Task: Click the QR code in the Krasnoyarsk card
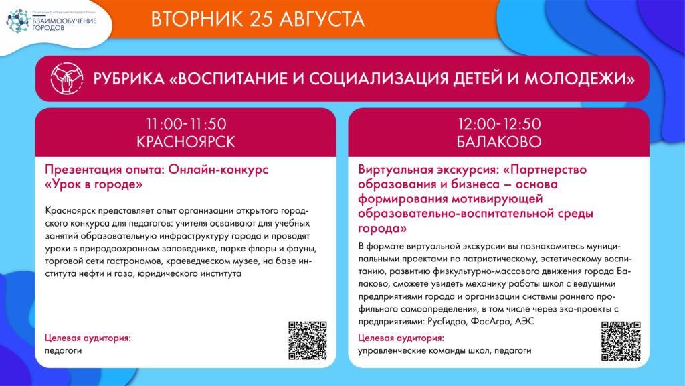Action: pyautogui.click(x=308, y=340)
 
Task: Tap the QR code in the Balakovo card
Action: pyautogui.click(x=621, y=341)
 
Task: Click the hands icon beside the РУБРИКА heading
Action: pyautogui.click(x=66, y=79)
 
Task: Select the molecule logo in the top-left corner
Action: pyautogui.click(x=18, y=21)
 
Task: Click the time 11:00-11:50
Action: pyautogui.click(x=186, y=124)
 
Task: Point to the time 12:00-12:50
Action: pyautogui.click(x=499, y=124)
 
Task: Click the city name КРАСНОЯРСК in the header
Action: pyautogui.click(x=186, y=142)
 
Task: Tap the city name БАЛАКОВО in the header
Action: pyautogui.click(x=499, y=142)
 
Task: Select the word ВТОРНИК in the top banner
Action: pyautogui.click(x=197, y=19)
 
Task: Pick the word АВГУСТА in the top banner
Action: pyautogui.click(x=322, y=19)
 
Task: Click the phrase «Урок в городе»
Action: pyautogui.click(x=94, y=184)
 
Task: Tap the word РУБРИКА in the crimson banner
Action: pyautogui.click(x=128, y=79)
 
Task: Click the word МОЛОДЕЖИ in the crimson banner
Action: pyautogui.click(x=579, y=79)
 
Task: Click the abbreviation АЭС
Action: pyautogui.click(x=524, y=321)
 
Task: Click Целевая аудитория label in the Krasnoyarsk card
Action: pyautogui.click(x=88, y=338)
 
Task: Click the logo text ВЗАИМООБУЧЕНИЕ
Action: pyautogui.click(x=65, y=21)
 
